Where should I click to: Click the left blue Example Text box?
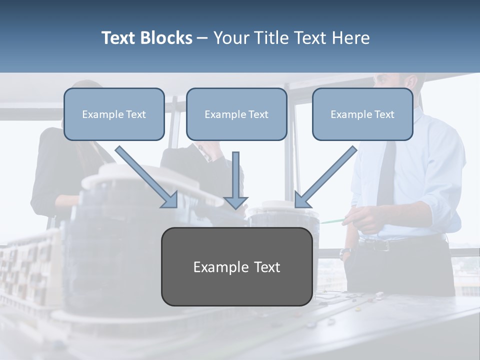(x=114, y=114)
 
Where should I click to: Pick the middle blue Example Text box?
(x=236, y=114)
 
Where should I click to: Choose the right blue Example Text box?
(x=362, y=114)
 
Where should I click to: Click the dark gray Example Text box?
(x=236, y=267)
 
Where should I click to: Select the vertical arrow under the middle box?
(x=235, y=180)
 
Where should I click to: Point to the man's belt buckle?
(x=381, y=245)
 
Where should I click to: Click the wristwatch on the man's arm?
(x=344, y=253)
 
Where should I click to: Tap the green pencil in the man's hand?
(x=332, y=220)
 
